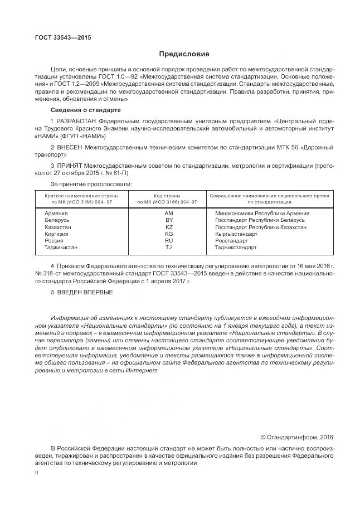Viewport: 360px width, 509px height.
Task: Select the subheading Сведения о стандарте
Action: pos(78,110)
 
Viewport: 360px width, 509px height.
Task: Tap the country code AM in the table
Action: pos(169,214)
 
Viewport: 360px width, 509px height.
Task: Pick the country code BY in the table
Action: pos(169,220)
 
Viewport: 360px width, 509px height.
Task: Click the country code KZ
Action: pos(169,227)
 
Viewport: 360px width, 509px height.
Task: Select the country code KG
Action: pos(169,234)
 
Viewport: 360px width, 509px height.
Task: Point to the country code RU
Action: pos(169,241)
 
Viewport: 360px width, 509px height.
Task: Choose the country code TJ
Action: pos(169,248)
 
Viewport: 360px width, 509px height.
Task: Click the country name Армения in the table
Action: pos(56,214)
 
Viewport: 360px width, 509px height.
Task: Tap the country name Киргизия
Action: pos(57,234)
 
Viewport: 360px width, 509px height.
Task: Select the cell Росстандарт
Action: pos(233,241)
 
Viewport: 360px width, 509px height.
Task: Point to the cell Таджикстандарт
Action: pos(236,248)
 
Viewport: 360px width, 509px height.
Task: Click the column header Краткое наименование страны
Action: pos(77,196)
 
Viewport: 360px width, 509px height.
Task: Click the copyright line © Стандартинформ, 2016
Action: pos(296,437)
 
